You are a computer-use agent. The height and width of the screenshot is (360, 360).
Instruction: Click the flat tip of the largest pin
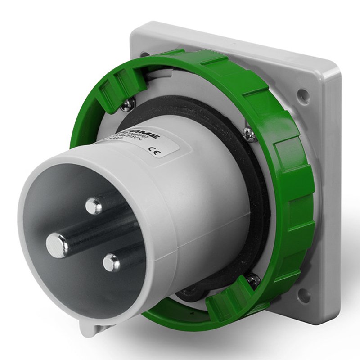pyautogui.click(x=57, y=246)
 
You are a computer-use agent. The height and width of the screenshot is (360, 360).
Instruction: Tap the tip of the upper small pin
pyautogui.click(x=93, y=206)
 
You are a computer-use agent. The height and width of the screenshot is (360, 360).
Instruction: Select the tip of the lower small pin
pyautogui.click(x=111, y=262)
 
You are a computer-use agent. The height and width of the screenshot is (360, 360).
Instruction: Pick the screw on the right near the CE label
pyautogui.click(x=249, y=133)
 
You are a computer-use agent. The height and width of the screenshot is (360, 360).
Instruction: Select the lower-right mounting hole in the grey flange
pyautogui.click(x=304, y=295)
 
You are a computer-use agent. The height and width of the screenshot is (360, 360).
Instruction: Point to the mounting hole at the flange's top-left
pyautogui.click(x=145, y=55)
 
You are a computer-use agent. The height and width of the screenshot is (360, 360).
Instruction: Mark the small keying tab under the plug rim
pyautogui.click(x=92, y=328)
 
